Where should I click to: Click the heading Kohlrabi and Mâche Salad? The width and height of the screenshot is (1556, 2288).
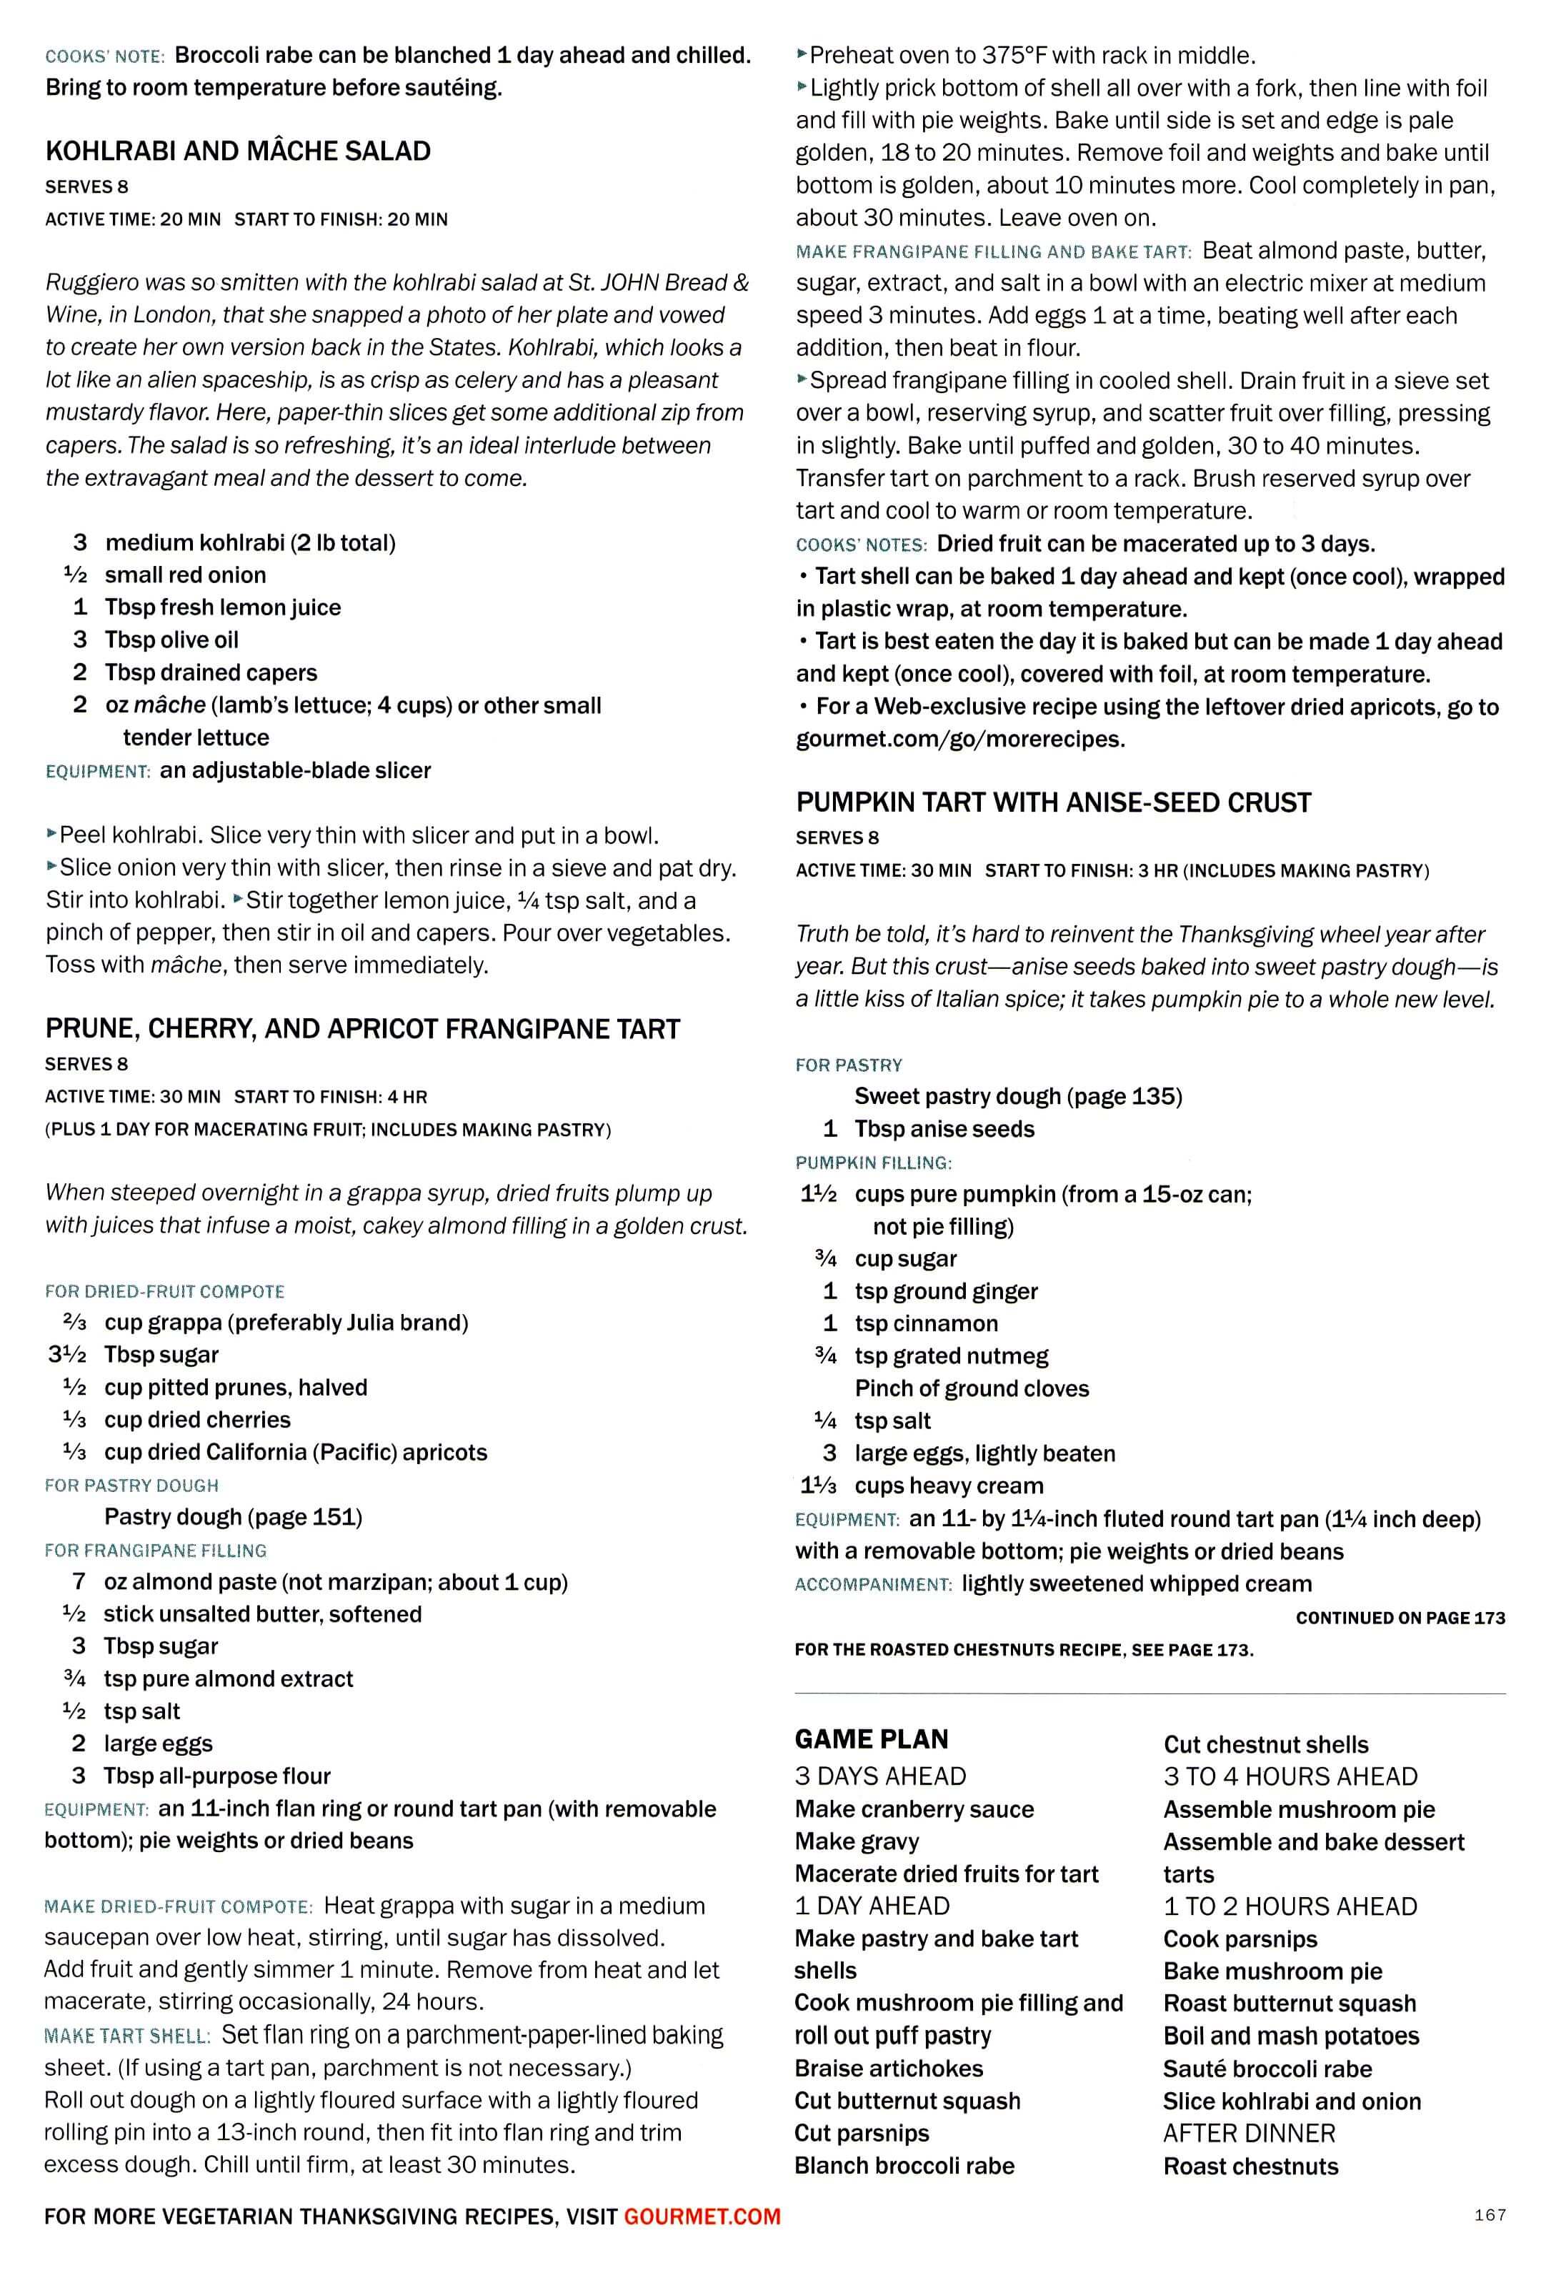pyautogui.click(x=237, y=151)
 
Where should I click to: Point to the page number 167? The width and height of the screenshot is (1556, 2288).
pyautogui.click(x=1489, y=2215)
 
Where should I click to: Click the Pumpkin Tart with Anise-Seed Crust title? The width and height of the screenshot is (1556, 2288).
pyautogui.click(x=1053, y=802)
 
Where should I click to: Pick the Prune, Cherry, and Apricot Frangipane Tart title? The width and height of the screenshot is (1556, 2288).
pyautogui.click(x=362, y=1029)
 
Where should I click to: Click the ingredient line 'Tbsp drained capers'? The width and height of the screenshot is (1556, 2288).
pyautogui.click(x=211, y=672)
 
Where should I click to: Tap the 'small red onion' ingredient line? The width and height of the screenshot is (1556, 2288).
pyautogui.click(x=185, y=575)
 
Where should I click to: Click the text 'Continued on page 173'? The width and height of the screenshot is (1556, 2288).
pyautogui.click(x=1400, y=1618)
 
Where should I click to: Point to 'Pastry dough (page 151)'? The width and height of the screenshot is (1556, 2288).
pyautogui.click(x=233, y=1517)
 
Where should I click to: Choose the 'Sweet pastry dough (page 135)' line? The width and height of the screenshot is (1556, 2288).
pyautogui.click(x=1017, y=1097)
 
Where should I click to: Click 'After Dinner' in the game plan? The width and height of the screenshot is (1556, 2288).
pyautogui.click(x=1249, y=2134)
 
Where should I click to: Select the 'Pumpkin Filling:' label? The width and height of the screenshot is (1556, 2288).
pyautogui.click(x=873, y=1163)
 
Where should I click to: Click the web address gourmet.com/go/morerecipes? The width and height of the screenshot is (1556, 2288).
pyautogui.click(x=959, y=740)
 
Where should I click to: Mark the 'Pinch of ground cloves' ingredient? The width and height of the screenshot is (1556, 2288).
pyautogui.click(x=972, y=1388)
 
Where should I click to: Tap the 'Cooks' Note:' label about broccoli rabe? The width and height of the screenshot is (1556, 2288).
pyautogui.click(x=104, y=57)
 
